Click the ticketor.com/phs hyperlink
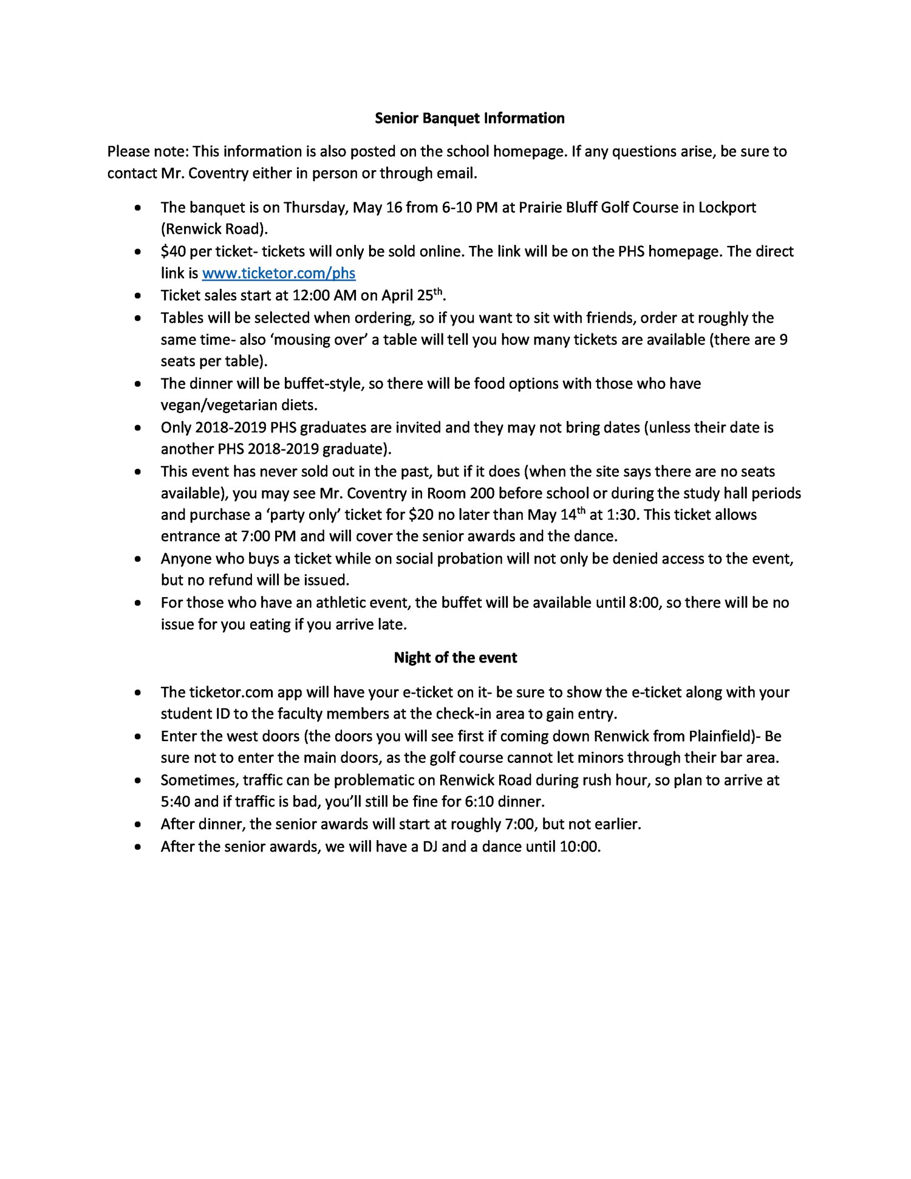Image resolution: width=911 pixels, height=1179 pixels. [x=278, y=273]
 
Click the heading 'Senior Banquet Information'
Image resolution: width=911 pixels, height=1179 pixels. [x=469, y=118]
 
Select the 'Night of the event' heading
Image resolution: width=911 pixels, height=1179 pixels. [x=455, y=658]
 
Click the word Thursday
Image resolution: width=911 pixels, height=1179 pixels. [x=313, y=208]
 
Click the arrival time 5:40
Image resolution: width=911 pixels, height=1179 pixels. [x=176, y=802]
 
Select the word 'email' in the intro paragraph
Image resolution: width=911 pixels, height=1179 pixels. [x=455, y=174]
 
